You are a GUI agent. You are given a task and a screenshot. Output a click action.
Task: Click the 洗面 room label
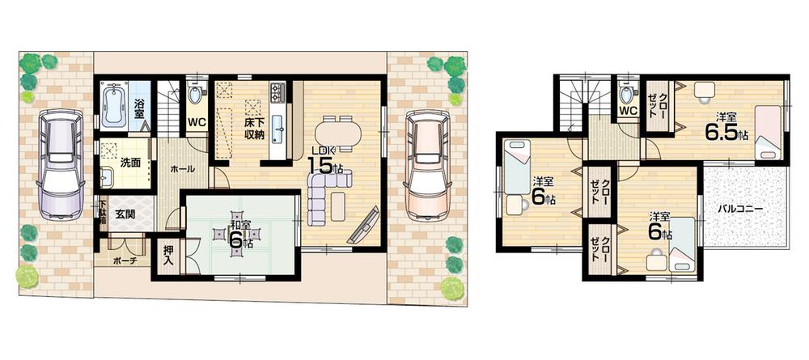(x=130, y=163)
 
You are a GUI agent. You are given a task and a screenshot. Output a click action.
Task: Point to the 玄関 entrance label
(x=125, y=214)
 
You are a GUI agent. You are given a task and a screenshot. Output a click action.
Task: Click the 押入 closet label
(x=167, y=256)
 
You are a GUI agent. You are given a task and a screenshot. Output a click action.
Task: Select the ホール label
(x=183, y=171)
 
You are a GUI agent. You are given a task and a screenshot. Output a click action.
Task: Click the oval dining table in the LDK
(x=339, y=131)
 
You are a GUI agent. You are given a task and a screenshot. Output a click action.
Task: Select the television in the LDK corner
(x=363, y=224)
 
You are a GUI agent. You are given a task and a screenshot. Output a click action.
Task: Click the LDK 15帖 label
(x=324, y=161)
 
